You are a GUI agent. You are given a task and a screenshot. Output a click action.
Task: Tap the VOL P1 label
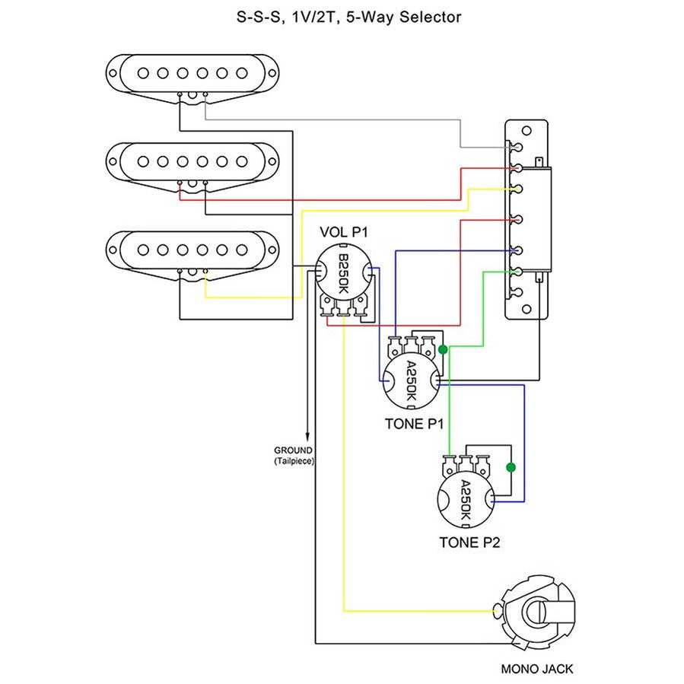[344, 232]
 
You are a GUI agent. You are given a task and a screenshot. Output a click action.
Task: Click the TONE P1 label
[415, 423]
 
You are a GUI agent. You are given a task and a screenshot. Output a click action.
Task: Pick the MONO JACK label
[537, 670]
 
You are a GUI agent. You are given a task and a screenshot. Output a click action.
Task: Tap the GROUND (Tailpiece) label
[294, 455]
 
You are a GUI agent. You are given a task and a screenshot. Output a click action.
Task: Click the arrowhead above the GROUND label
[307, 434]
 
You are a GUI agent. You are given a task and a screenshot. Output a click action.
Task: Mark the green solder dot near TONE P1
[443, 350]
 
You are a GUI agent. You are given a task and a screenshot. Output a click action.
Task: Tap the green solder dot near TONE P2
[511, 467]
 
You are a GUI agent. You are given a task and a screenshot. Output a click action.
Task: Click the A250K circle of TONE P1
[411, 381]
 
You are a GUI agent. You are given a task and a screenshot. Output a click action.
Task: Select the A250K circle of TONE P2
[466, 502]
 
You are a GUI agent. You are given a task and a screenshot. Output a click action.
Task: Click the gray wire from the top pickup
[335, 119]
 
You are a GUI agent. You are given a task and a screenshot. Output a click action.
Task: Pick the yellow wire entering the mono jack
[418, 610]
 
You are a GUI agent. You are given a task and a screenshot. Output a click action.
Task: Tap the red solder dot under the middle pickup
[180, 183]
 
